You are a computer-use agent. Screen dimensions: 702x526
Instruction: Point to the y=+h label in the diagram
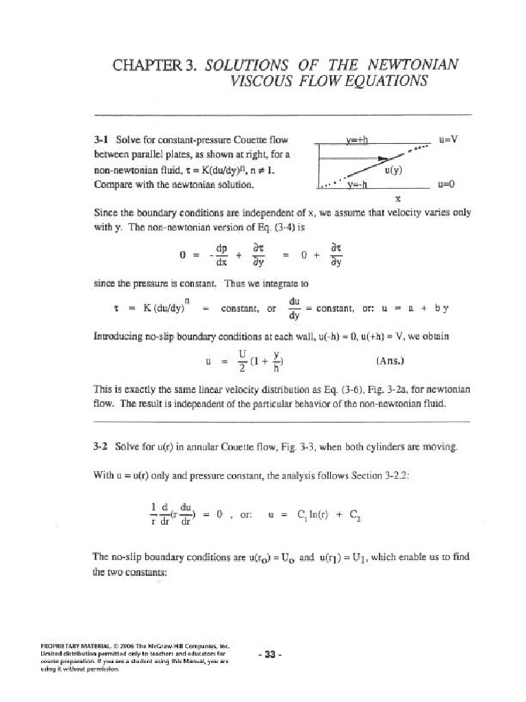[357, 140]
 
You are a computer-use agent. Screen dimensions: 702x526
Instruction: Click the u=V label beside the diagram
[447, 139]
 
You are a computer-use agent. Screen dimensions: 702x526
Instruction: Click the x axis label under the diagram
[397, 199]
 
